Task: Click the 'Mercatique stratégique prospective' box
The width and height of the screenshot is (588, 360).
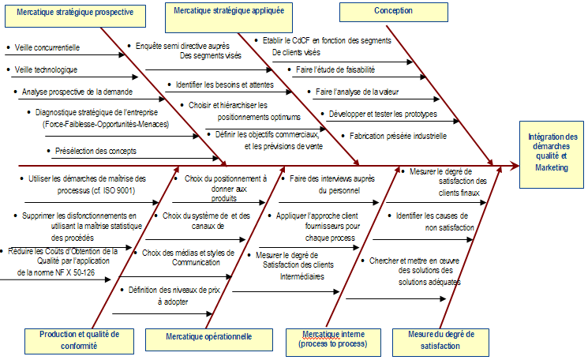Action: coord(75,16)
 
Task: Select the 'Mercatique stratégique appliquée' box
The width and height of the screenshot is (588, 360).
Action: coord(229,17)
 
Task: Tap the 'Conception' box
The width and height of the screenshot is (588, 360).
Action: coord(393,12)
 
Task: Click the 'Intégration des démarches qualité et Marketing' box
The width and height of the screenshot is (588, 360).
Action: coord(551,155)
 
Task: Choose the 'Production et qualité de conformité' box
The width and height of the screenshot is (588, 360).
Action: coord(79,341)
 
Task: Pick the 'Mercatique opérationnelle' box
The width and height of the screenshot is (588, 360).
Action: coord(209,339)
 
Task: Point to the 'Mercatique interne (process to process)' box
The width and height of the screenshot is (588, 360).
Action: coord(333,343)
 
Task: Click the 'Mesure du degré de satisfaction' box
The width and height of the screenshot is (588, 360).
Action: coord(440,343)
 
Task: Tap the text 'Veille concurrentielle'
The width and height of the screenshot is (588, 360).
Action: coord(47,47)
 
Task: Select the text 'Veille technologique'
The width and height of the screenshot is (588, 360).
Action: coord(46,69)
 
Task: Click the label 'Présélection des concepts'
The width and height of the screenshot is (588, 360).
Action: coord(96,151)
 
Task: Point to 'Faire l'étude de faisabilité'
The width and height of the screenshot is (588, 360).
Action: coord(335,69)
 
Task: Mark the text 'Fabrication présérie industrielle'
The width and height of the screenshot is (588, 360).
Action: coord(398,136)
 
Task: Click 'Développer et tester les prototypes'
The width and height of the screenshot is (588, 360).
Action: coord(383,114)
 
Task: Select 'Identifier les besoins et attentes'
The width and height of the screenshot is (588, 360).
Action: coord(225,84)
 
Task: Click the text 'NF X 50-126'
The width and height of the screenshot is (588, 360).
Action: coord(75,272)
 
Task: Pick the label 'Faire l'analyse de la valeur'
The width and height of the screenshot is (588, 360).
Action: coord(357,92)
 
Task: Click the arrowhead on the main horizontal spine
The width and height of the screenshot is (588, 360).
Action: coord(515,165)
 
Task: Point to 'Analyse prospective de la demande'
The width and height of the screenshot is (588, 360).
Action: coord(77,92)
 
